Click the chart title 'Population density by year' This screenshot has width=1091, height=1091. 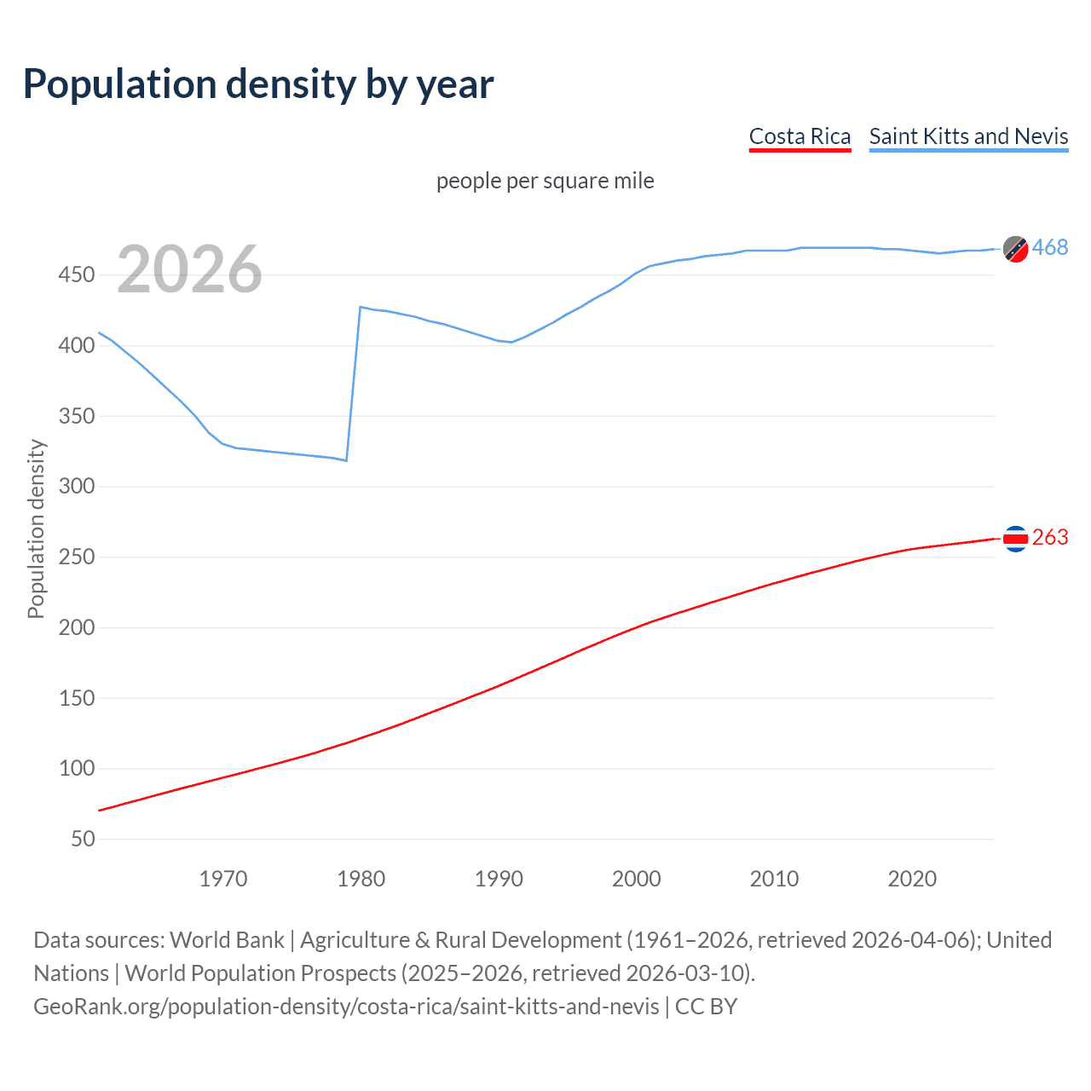pos(258,84)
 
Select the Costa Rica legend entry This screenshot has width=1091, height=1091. pos(799,136)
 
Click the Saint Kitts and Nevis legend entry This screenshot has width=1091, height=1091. pos(968,136)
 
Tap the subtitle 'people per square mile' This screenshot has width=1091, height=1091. pos(545,181)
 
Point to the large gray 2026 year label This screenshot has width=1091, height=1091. pos(189,269)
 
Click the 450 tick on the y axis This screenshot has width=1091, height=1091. pos(77,275)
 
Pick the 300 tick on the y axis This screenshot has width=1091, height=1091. pos(77,487)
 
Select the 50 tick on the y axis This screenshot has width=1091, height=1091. pos(83,839)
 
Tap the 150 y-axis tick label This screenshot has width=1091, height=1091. pos(77,698)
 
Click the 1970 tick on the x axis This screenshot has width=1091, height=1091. pos(223,879)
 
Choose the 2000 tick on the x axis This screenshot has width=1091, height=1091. pos(636,879)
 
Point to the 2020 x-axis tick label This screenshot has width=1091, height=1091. pos(912,879)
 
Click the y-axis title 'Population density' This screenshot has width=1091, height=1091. pos(36,528)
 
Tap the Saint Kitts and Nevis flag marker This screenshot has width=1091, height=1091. pos(1015,249)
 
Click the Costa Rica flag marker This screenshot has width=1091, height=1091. pos(1015,538)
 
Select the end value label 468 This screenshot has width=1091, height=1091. pos(1050,247)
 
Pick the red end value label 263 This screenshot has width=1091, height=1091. pos(1050,537)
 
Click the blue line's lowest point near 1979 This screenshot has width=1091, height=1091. pos(346,460)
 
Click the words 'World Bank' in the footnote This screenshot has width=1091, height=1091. pos(227,940)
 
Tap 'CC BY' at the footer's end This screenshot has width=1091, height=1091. pos(706,1007)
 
